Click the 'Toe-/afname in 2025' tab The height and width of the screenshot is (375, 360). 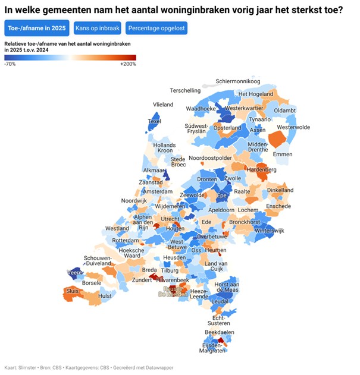[x=36, y=28]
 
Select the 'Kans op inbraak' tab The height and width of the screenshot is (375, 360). [x=98, y=28]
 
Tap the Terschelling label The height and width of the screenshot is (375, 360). [x=185, y=91]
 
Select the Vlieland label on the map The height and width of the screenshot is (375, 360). [x=163, y=105]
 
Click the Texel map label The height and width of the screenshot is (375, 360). [x=154, y=121]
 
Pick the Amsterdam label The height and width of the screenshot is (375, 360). [x=158, y=192]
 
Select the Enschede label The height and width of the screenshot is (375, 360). [x=278, y=206]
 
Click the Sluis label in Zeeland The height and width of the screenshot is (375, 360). [x=73, y=291]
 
